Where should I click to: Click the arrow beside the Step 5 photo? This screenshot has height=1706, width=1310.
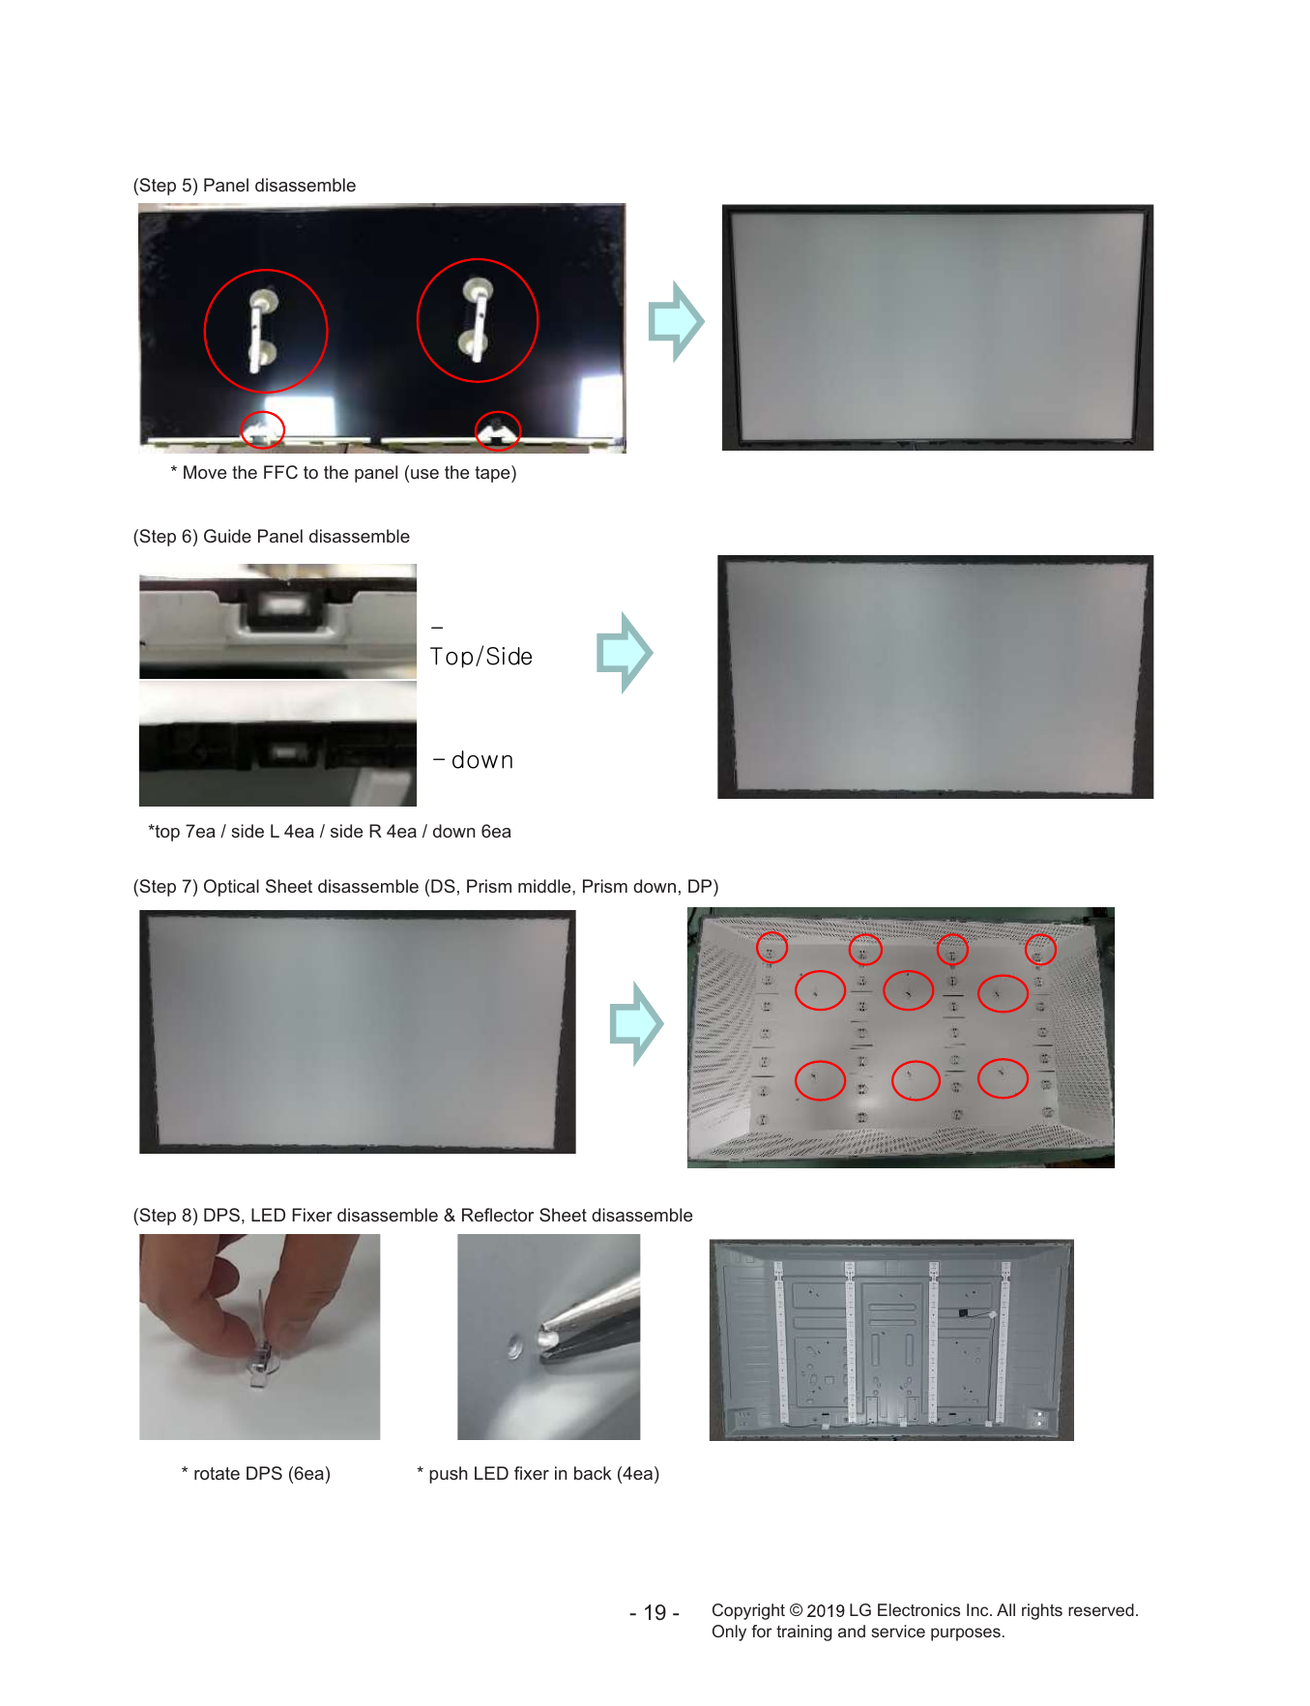[x=676, y=321]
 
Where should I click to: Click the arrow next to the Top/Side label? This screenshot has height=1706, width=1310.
[x=625, y=653]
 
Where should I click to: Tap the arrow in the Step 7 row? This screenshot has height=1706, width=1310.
[x=636, y=1023]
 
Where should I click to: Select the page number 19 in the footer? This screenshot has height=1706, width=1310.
[x=655, y=1612]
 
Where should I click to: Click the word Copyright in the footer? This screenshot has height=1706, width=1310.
[x=747, y=1610]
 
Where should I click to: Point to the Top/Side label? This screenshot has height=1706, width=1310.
[x=481, y=657]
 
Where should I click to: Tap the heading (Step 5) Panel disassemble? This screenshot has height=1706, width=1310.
[x=245, y=186]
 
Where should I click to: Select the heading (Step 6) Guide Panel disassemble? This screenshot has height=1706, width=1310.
[x=272, y=537]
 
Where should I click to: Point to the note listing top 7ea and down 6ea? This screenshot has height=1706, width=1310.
[x=330, y=832]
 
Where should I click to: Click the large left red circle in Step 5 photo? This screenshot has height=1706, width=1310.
[x=205, y=331]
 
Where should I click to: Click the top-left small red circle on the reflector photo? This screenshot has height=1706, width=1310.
[x=771, y=933]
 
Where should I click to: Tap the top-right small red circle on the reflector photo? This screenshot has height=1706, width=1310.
[x=1040, y=935]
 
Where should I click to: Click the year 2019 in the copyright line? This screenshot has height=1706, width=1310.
[x=826, y=1610]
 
